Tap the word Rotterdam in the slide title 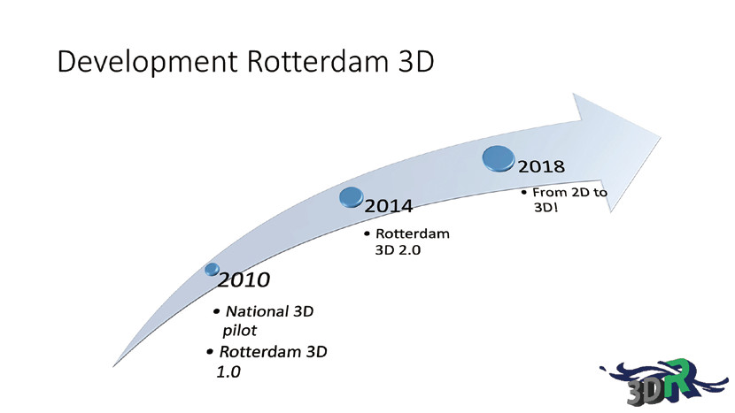click(317, 61)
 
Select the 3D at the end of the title click(416, 61)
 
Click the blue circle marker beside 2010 click(212, 269)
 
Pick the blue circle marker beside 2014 click(351, 197)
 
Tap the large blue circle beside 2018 click(499, 158)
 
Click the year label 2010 click(244, 280)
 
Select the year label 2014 click(389, 206)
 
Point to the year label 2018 click(541, 166)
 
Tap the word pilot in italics click(239, 331)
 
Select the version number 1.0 click(228, 371)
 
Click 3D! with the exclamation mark click(546, 207)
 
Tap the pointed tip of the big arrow click(661, 138)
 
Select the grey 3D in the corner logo click(646, 390)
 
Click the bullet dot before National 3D click(216, 311)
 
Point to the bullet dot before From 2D click(524, 193)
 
